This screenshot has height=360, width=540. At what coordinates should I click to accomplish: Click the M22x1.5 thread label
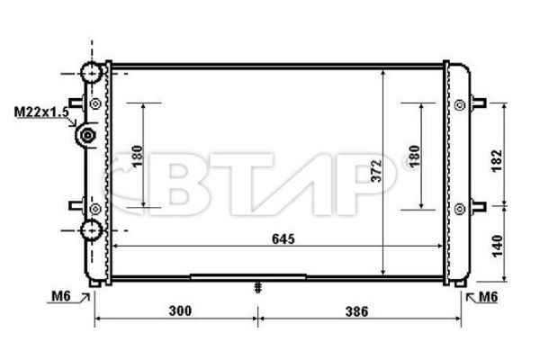click(40, 112)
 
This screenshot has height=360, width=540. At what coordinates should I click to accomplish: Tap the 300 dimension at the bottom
click(180, 311)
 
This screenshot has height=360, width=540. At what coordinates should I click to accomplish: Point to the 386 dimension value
click(357, 311)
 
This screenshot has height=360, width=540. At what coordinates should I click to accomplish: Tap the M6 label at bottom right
click(489, 297)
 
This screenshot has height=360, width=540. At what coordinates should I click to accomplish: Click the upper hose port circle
click(90, 73)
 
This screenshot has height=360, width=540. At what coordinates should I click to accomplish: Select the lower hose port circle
click(90, 230)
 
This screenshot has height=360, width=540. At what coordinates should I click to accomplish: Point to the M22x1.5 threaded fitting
click(88, 136)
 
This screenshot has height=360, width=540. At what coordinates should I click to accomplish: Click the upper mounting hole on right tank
click(461, 104)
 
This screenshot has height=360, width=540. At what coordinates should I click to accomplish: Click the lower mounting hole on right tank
click(461, 208)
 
